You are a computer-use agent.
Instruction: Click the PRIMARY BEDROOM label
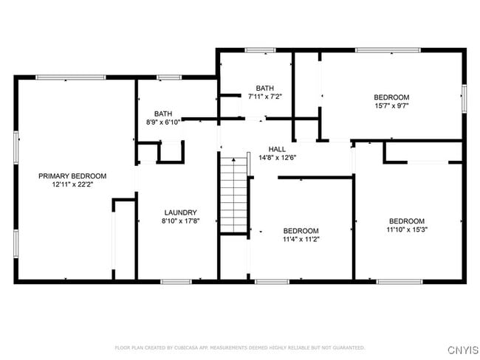click(72, 176)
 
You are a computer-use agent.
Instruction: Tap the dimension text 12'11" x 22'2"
click(72, 185)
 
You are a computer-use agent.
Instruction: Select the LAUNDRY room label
click(180, 212)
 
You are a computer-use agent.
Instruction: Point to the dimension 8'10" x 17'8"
click(180, 221)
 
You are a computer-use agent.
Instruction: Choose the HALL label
click(277, 148)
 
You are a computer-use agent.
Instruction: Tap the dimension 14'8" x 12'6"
click(277, 157)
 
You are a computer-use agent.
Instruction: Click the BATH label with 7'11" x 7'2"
click(265, 88)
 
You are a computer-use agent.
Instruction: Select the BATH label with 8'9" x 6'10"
click(163, 114)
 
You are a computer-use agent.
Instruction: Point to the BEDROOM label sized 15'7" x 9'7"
click(391, 97)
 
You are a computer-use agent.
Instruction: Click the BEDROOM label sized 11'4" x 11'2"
click(301, 230)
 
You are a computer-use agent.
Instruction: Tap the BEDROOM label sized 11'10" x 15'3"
click(407, 221)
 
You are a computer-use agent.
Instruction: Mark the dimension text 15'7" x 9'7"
click(391, 106)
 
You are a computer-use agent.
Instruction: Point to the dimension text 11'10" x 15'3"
click(407, 230)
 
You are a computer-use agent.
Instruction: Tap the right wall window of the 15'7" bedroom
click(464, 99)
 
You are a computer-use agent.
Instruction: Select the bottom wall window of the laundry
click(176, 281)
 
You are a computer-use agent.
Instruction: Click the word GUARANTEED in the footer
click(346, 347)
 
